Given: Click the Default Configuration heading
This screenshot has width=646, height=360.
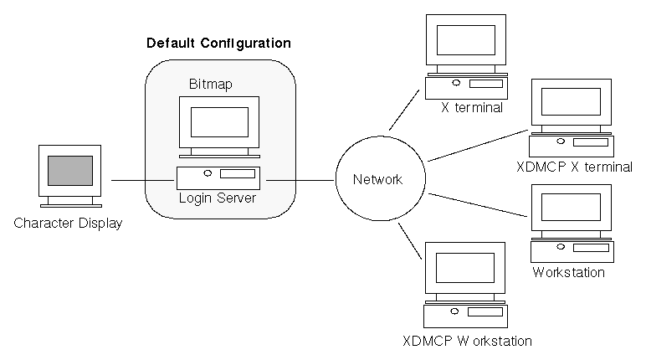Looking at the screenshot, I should point(218,43).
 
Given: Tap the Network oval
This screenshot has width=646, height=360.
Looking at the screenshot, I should point(377,179).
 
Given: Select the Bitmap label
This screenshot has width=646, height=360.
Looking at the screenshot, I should point(212,85).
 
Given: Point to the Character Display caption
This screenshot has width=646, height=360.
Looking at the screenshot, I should point(68,224).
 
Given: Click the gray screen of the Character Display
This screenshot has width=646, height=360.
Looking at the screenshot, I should point(69,171).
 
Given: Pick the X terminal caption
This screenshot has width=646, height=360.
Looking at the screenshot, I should point(472,107).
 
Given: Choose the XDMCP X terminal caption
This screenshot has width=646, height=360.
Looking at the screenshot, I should point(574,167).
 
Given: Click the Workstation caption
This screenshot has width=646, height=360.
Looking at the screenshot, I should point(568,272).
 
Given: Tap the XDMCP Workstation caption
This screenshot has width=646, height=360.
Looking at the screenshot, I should point(466,341).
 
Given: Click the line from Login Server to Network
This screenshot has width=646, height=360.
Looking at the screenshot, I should point(300,180).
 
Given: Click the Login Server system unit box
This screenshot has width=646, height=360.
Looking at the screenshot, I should point(218,177).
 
